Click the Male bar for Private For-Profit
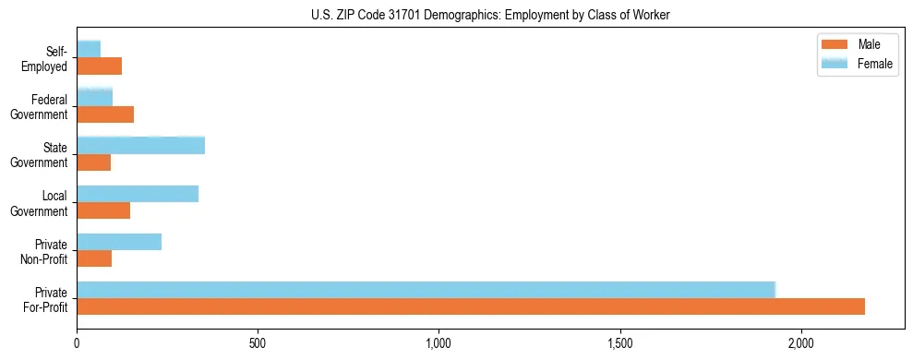click(471, 306)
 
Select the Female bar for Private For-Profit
click(426, 290)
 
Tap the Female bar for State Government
click(140, 146)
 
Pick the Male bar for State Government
click(93, 162)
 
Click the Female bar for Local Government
click(138, 194)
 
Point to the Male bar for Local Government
click(103, 210)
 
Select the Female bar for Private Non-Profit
click(119, 242)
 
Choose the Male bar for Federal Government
click(105, 114)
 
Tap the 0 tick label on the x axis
click(77, 343)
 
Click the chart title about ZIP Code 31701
click(490, 14)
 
